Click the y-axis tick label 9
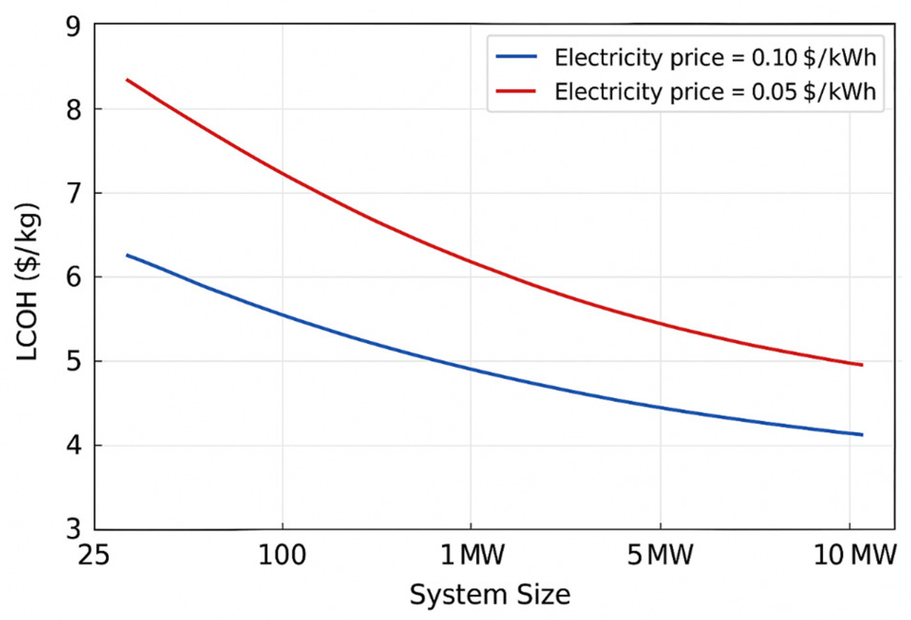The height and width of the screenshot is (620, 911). [x=74, y=28]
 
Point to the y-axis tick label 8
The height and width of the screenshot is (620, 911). [x=74, y=110]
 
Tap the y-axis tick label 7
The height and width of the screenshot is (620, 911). [x=74, y=194]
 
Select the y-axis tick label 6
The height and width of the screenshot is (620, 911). [x=74, y=277]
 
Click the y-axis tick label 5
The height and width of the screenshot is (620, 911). [x=74, y=362]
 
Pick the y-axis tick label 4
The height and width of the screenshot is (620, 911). [x=74, y=446]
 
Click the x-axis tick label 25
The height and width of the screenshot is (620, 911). [x=94, y=554]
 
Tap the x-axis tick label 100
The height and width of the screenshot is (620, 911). [x=282, y=554]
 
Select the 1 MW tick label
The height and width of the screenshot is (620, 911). [x=472, y=554]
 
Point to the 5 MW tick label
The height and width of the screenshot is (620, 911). [x=660, y=554]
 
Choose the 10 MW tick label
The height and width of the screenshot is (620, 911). [x=855, y=554]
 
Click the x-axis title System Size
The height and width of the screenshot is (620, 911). [x=490, y=595]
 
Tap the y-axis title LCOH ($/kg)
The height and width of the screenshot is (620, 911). [x=27, y=282]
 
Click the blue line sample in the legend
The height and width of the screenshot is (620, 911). [x=516, y=56]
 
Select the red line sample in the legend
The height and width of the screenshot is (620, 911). [x=516, y=91]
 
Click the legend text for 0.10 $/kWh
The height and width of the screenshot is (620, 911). [x=715, y=58]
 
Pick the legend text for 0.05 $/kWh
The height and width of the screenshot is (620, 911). [x=715, y=92]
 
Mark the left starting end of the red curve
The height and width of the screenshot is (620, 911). [x=127, y=80]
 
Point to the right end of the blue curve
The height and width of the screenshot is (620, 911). [x=862, y=434]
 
